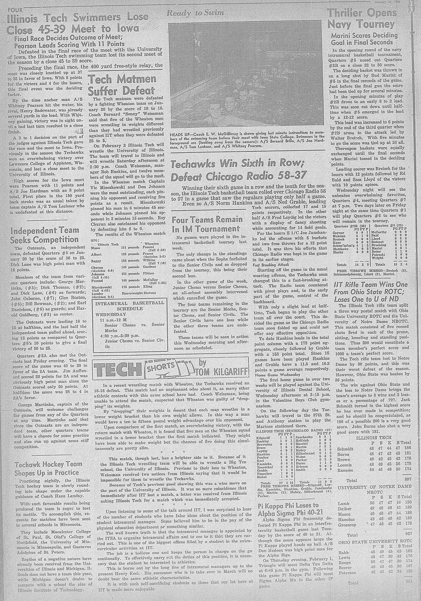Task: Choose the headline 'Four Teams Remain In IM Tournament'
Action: (207, 224)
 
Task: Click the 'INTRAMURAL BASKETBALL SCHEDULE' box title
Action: (130, 306)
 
